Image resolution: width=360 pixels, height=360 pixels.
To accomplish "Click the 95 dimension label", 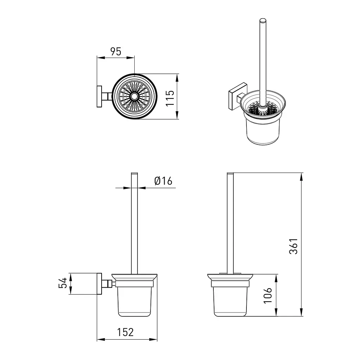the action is (x=115, y=52).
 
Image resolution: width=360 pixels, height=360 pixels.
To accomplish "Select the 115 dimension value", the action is (x=170, y=98).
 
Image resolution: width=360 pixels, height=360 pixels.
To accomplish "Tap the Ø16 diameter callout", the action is (x=163, y=181).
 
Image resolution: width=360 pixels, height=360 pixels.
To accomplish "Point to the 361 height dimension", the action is (x=294, y=246).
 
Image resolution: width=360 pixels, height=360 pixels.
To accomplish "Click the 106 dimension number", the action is (x=268, y=296).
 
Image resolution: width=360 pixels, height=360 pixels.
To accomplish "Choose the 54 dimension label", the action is (x=63, y=283).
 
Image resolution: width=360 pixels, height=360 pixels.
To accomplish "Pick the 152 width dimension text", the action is (x=126, y=332).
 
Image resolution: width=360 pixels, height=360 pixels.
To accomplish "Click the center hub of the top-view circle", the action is (x=134, y=96).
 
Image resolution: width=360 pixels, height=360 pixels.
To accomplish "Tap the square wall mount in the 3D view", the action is (x=238, y=96).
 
